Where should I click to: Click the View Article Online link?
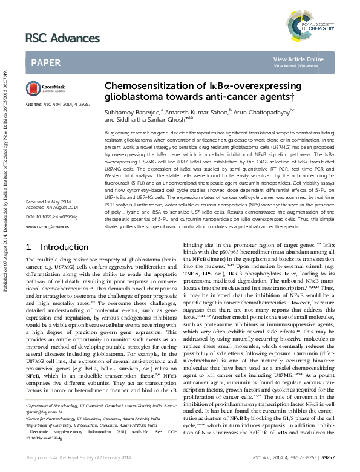pyautogui.click(x=298, y=59)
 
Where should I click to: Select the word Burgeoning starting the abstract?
pyautogui.click(x=118, y=131)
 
